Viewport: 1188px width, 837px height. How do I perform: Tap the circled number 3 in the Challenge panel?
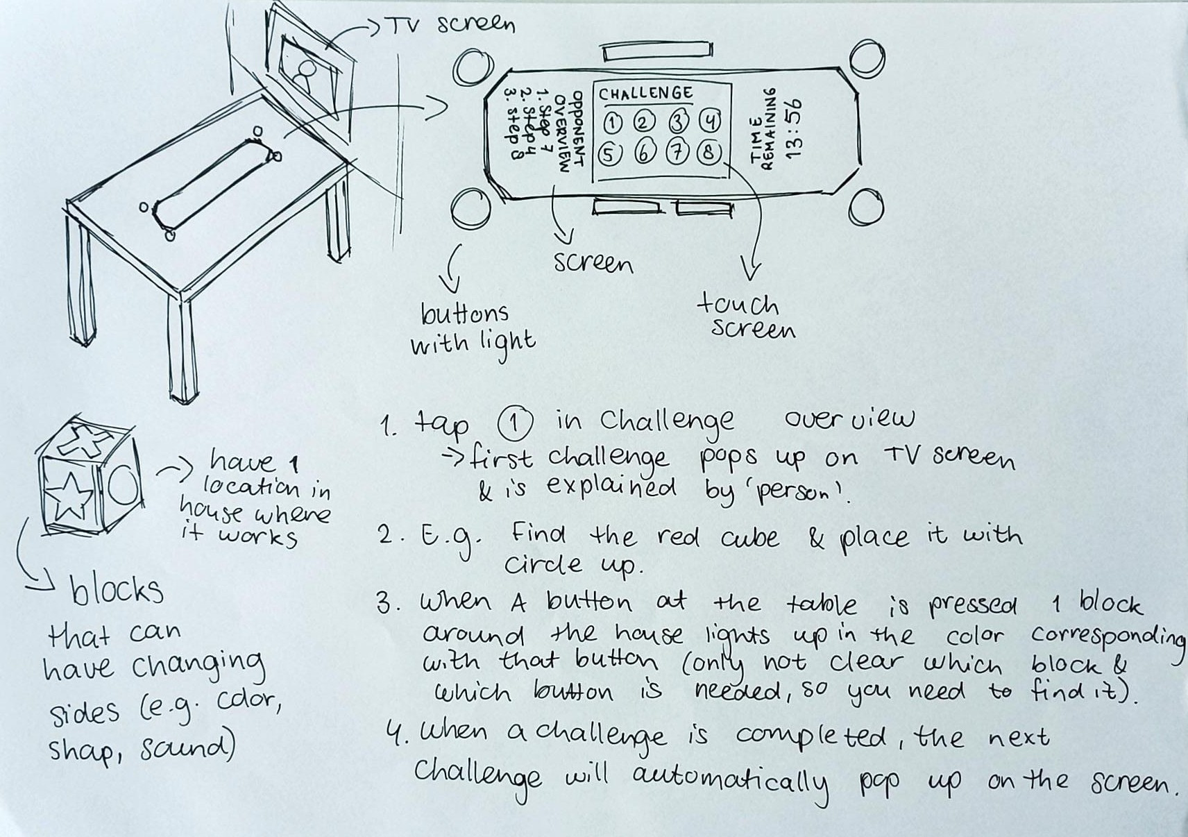click(679, 123)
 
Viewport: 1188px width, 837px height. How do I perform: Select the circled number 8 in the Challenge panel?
click(709, 154)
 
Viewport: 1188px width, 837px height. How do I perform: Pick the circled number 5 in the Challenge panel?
click(610, 155)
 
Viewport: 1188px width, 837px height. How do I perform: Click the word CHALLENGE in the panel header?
click(645, 94)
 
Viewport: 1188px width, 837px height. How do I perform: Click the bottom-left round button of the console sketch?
click(472, 206)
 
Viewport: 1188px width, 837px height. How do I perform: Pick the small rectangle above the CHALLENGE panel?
click(656, 51)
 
